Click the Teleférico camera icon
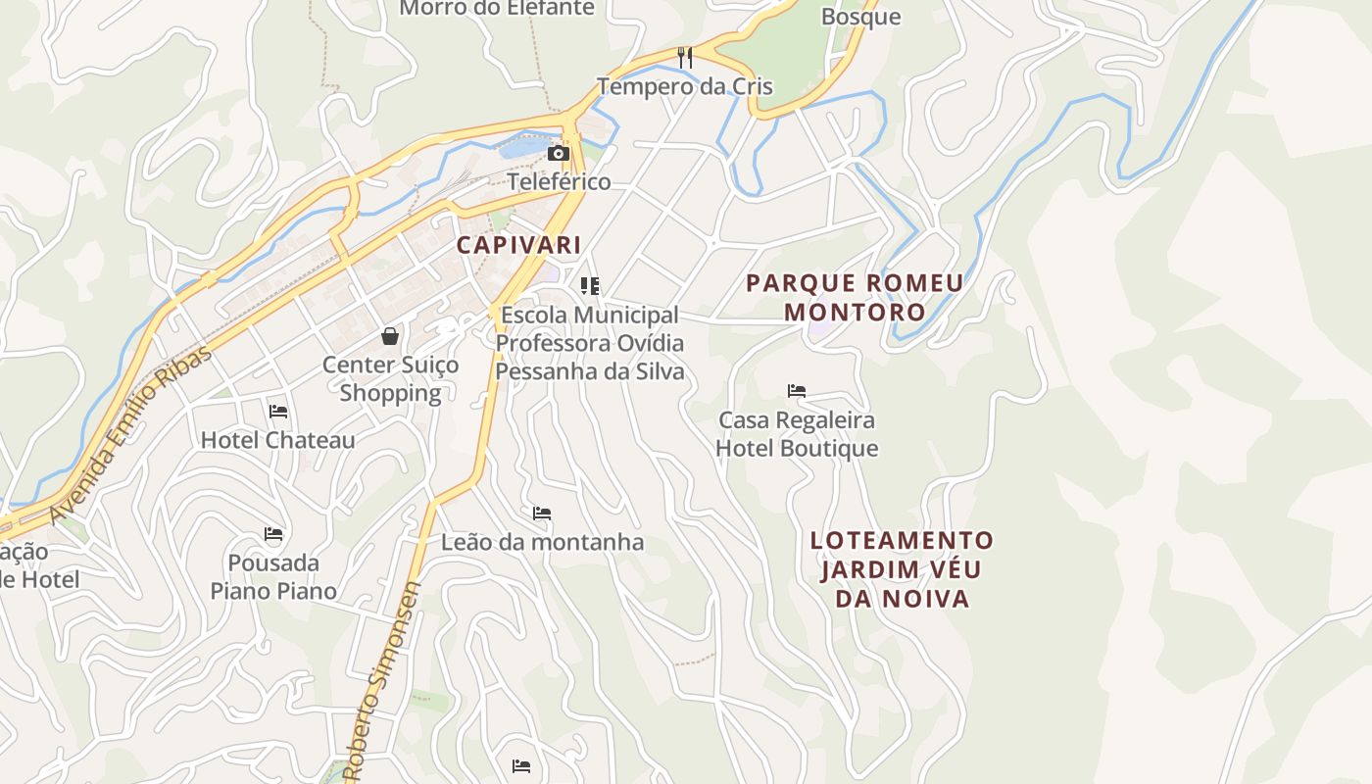tap(559, 154)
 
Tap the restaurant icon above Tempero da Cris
tap(685, 58)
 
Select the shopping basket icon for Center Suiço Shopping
tap(390, 337)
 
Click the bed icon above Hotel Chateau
tap(278, 412)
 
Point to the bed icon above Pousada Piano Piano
tap(273, 534)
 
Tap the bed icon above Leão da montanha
tap(542, 514)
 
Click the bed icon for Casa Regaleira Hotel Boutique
tap(797, 391)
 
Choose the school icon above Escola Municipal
tap(589, 286)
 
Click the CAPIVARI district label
tap(519, 245)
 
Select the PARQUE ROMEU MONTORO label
tap(855, 298)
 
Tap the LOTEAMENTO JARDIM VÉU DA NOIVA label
tap(903, 569)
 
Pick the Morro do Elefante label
tap(498, 9)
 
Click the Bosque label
tap(860, 17)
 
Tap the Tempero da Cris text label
tap(685, 86)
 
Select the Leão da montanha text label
tap(542, 542)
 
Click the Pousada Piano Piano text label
tap(273, 577)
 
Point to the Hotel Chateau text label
tap(278, 440)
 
